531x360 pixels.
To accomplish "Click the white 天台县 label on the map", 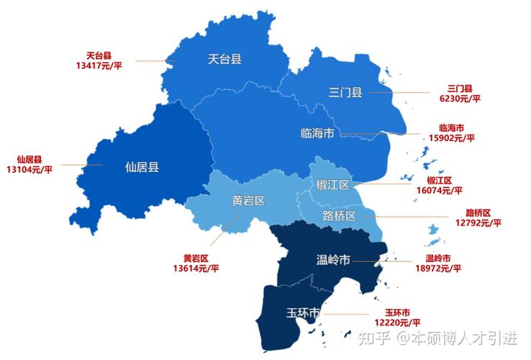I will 224,59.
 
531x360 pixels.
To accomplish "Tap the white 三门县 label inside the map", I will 345,92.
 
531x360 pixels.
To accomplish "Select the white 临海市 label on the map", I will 317,133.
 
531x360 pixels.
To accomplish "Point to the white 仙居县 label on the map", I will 142,167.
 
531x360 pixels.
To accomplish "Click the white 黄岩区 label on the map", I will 249,200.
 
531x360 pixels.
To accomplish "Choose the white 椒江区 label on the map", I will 332,185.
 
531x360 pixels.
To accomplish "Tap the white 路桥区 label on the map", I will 339,216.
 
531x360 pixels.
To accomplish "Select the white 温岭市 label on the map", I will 333,259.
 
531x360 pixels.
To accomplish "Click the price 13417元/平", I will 99,66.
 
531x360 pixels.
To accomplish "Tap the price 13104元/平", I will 29,169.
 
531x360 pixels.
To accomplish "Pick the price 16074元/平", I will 439,190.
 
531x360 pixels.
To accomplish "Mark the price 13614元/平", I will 196,268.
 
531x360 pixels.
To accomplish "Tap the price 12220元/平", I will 397,323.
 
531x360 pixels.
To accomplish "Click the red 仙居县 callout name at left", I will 29,159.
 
